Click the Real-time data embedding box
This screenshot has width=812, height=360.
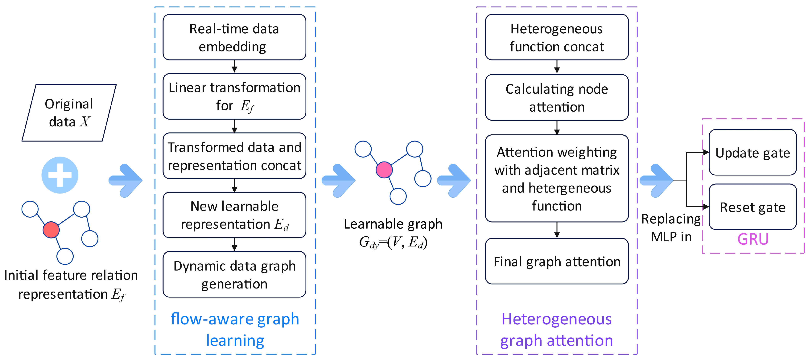pyautogui.click(x=234, y=37)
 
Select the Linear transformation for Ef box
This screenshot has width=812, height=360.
pyautogui.click(x=234, y=96)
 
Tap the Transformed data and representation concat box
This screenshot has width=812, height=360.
pyautogui.click(x=234, y=156)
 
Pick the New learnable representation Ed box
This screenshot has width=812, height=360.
pyautogui.click(x=234, y=215)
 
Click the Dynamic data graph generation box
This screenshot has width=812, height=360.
pyautogui.click(x=234, y=274)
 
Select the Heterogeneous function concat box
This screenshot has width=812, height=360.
pyautogui.click(x=557, y=37)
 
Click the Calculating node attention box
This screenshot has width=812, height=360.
pyautogui.click(x=557, y=97)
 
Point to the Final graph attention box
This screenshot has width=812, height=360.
pyautogui.click(x=557, y=261)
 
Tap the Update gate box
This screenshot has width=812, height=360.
pyautogui.click(x=752, y=152)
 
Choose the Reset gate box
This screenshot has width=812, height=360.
pyautogui.click(x=752, y=207)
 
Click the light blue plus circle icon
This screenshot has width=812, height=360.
pyautogui.click(x=60, y=175)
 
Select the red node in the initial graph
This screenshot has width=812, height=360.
pyautogui.click(x=51, y=230)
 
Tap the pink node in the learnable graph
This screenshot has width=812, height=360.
pyautogui.click(x=384, y=170)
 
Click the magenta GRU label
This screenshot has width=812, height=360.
pyautogui.click(x=753, y=239)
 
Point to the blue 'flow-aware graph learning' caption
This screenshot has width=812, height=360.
pyautogui.click(x=235, y=329)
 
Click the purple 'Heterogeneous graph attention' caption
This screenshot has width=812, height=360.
pyautogui.click(x=557, y=329)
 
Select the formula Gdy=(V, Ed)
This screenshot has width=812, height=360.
pyautogui.click(x=393, y=242)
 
